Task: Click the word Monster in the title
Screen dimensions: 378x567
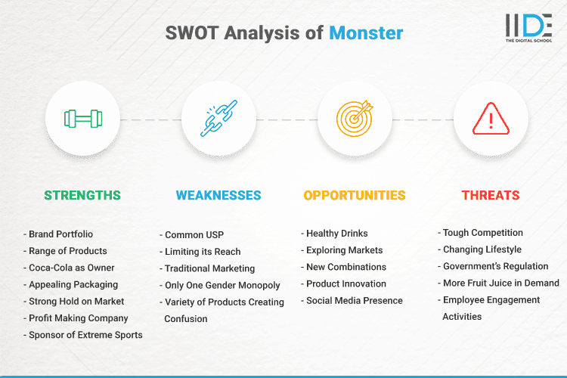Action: click(x=366, y=33)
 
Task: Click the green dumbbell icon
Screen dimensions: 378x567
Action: click(x=82, y=119)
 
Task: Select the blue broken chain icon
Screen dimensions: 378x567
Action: click(x=218, y=119)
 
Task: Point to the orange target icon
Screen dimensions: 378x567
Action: click(x=355, y=119)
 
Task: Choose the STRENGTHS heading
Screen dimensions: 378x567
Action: click(x=82, y=195)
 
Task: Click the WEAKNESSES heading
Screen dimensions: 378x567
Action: click(x=218, y=195)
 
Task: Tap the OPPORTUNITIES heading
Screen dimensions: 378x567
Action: click(x=355, y=195)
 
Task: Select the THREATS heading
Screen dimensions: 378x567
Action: click(x=491, y=195)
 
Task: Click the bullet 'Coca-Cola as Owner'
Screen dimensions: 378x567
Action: click(x=71, y=268)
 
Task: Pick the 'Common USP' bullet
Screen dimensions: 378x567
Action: click(x=194, y=235)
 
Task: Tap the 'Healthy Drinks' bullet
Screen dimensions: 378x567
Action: click(x=338, y=234)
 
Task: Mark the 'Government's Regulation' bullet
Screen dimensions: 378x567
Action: click(x=496, y=266)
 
